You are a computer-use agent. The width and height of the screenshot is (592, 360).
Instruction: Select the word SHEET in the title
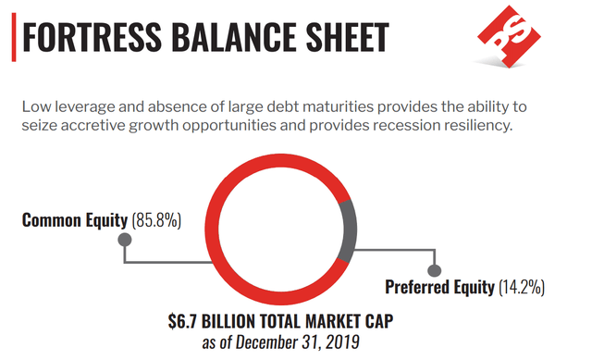[x=348, y=37]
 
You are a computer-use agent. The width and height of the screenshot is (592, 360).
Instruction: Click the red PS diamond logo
[x=509, y=36]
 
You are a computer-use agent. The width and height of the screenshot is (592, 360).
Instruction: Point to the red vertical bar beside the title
[x=14, y=37]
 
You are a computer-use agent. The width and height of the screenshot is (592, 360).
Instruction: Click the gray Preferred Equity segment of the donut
[x=348, y=230]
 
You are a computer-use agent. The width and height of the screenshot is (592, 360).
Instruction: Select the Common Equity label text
[x=75, y=220]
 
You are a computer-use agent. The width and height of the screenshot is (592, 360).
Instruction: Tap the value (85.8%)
[x=156, y=220]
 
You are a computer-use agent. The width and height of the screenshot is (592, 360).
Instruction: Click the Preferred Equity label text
[x=439, y=287]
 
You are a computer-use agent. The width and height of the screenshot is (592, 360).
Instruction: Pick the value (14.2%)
[x=522, y=287]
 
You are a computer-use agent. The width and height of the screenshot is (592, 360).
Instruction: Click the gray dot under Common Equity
[x=125, y=240]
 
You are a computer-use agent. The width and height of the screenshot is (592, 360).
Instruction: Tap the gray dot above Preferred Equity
[x=434, y=270]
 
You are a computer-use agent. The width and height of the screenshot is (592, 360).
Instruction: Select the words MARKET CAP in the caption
[x=350, y=321]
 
